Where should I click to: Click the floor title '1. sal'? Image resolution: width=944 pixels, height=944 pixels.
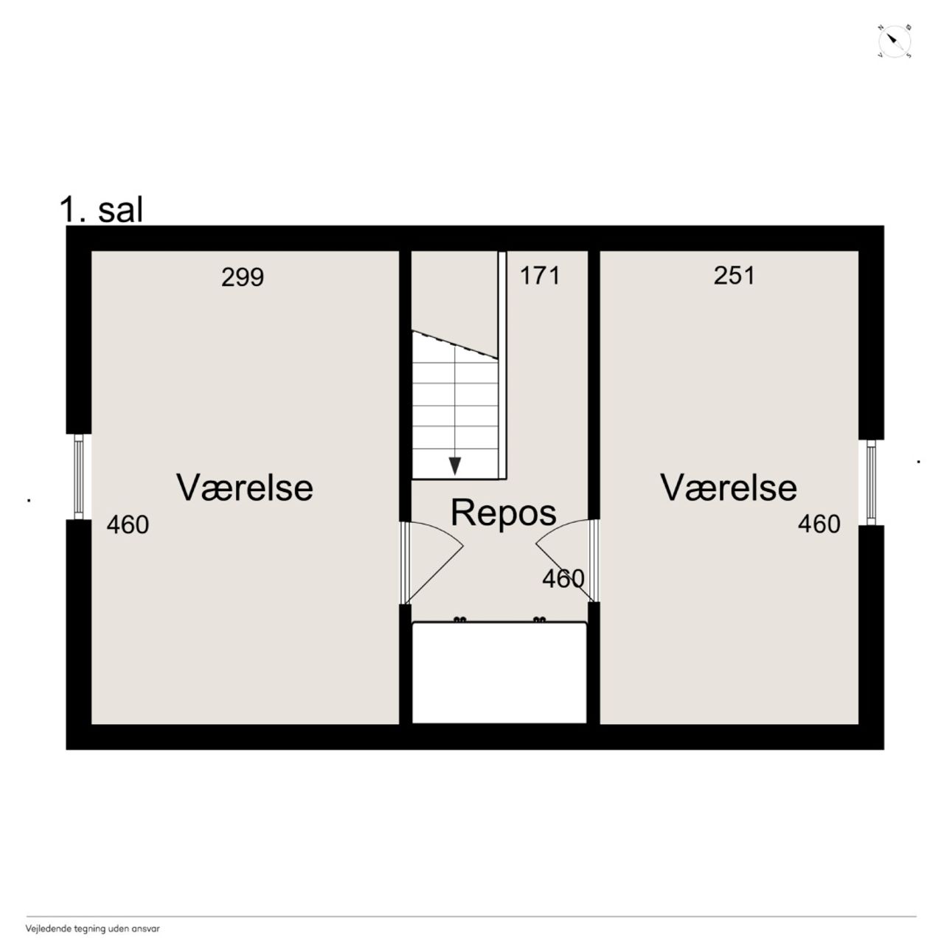(101, 210)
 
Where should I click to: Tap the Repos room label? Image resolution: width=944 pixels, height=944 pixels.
(503, 513)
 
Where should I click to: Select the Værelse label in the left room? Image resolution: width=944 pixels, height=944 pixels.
(244, 487)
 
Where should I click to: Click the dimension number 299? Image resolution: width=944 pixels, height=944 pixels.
(243, 277)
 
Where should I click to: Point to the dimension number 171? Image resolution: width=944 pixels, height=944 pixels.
(539, 275)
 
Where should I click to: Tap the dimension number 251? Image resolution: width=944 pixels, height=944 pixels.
(734, 275)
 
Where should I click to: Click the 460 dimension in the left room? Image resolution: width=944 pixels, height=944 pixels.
(128, 524)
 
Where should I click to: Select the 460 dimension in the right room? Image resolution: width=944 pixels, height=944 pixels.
(819, 524)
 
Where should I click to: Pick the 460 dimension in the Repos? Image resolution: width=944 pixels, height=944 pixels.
(563, 578)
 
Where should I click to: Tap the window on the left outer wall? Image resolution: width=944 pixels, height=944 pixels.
(78, 476)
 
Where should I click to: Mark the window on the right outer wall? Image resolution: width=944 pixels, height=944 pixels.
(870, 482)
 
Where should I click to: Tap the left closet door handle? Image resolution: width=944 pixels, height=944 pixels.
(459, 619)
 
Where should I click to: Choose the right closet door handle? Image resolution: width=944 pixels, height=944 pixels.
(539, 619)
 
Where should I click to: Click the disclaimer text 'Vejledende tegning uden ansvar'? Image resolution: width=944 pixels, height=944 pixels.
(93, 929)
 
